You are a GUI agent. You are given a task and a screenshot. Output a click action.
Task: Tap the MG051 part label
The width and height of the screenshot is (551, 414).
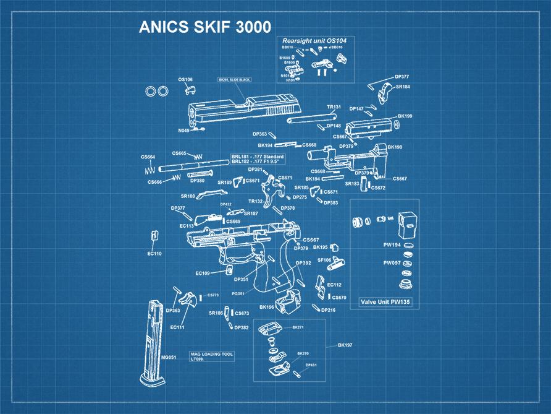coord(169,357)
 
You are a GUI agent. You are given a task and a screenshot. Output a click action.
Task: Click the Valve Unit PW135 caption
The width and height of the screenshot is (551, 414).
coord(384,302)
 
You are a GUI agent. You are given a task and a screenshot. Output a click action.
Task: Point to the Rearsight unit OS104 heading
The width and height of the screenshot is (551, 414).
coord(314,40)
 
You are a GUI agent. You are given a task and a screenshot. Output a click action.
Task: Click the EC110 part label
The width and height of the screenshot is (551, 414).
coord(154,253)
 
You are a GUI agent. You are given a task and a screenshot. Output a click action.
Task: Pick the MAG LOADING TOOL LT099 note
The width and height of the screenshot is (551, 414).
coord(211,356)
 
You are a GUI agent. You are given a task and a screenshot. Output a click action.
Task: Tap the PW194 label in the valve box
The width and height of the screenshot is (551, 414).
coord(392,245)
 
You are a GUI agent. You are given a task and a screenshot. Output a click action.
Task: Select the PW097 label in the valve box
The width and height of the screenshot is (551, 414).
coord(392,262)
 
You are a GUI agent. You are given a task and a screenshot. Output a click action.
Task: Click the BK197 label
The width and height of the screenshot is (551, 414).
coord(345,345)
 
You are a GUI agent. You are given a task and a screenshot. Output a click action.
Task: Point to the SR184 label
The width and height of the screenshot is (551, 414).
coord(403,87)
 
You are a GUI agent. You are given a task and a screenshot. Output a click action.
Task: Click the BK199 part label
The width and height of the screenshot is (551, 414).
coord(405,116)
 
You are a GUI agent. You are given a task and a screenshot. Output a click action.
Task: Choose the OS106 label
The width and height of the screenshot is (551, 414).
coord(185,79)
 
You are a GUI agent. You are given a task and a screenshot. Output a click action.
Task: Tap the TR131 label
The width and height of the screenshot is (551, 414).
coord(334,106)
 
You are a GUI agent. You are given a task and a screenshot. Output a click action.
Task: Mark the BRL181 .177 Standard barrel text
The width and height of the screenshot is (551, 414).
coord(257,157)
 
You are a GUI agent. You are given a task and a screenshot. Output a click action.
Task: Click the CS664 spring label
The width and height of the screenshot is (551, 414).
coord(148,157)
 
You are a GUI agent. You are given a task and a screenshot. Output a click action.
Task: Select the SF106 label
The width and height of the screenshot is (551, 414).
coord(324,260)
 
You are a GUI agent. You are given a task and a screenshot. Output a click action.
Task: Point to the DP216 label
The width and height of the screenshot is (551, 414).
coord(328,309)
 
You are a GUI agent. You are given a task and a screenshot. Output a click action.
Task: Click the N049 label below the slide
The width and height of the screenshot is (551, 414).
coord(183,131)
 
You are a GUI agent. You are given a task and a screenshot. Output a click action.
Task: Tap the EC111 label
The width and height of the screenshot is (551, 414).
coord(177,327)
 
